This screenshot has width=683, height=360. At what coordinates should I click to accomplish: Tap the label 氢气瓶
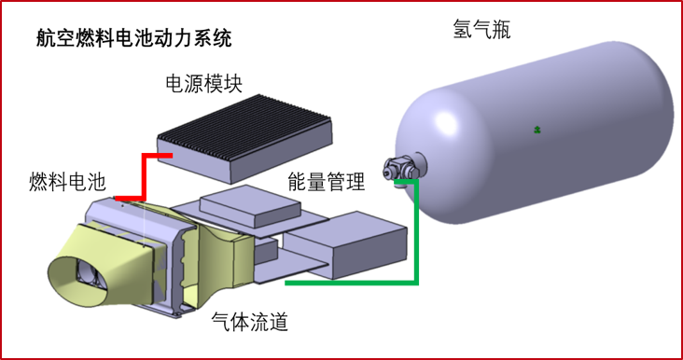478,30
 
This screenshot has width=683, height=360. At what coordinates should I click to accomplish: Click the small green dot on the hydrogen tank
537,129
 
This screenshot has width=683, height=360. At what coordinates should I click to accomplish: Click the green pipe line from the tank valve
417,242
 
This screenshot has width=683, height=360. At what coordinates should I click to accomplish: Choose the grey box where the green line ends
348,244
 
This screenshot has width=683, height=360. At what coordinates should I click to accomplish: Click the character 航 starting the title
46,38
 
